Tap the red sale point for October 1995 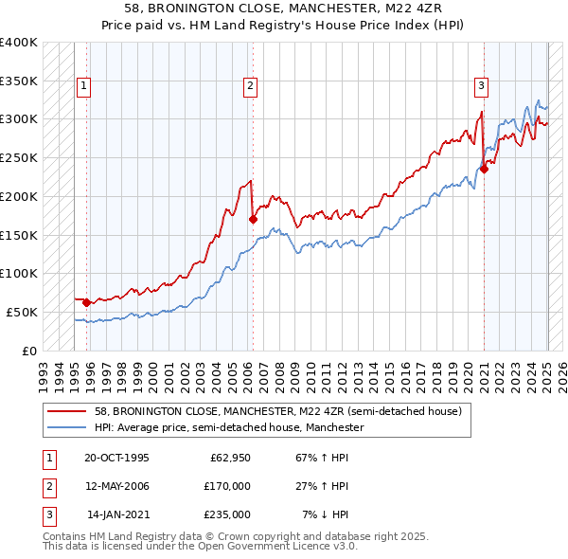pyautogui.click(x=86, y=303)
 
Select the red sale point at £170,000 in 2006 pyautogui.click(x=253, y=220)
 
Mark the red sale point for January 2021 pyautogui.click(x=484, y=170)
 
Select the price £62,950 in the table pyautogui.click(x=229, y=458)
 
